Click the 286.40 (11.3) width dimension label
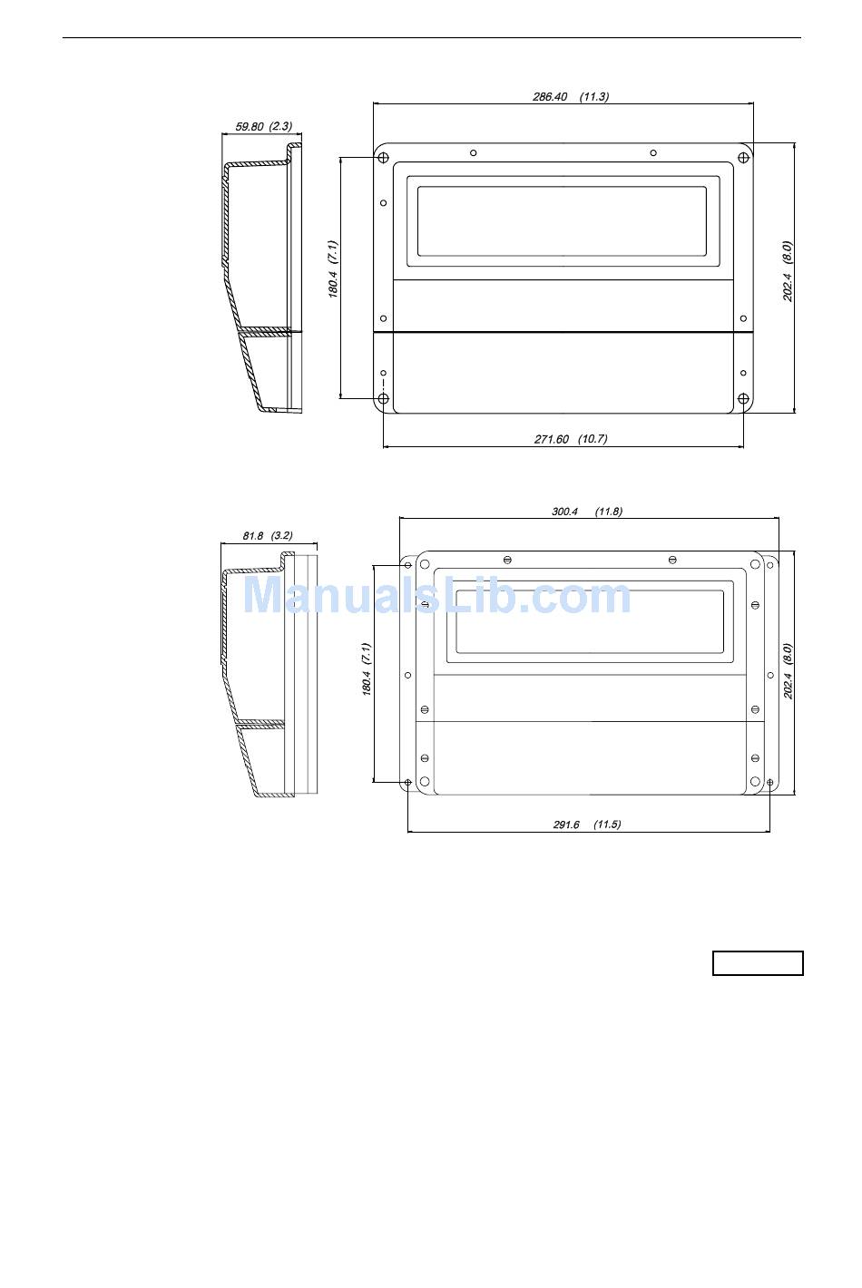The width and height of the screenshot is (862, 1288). [571, 96]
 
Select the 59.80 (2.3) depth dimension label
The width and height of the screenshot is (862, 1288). [264, 126]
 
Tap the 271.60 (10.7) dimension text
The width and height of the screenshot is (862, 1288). [571, 439]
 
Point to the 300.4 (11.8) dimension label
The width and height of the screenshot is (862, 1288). [586, 512]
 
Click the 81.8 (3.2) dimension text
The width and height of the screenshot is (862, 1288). [268, 536]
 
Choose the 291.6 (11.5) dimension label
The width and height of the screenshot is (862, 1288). [586, 825]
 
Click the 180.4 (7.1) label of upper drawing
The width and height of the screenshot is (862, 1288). [333, 269]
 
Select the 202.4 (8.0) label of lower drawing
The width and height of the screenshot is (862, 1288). [788, 671]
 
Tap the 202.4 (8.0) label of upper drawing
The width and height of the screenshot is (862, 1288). [788, 271]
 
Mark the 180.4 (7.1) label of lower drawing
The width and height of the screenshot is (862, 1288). [367, 669]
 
